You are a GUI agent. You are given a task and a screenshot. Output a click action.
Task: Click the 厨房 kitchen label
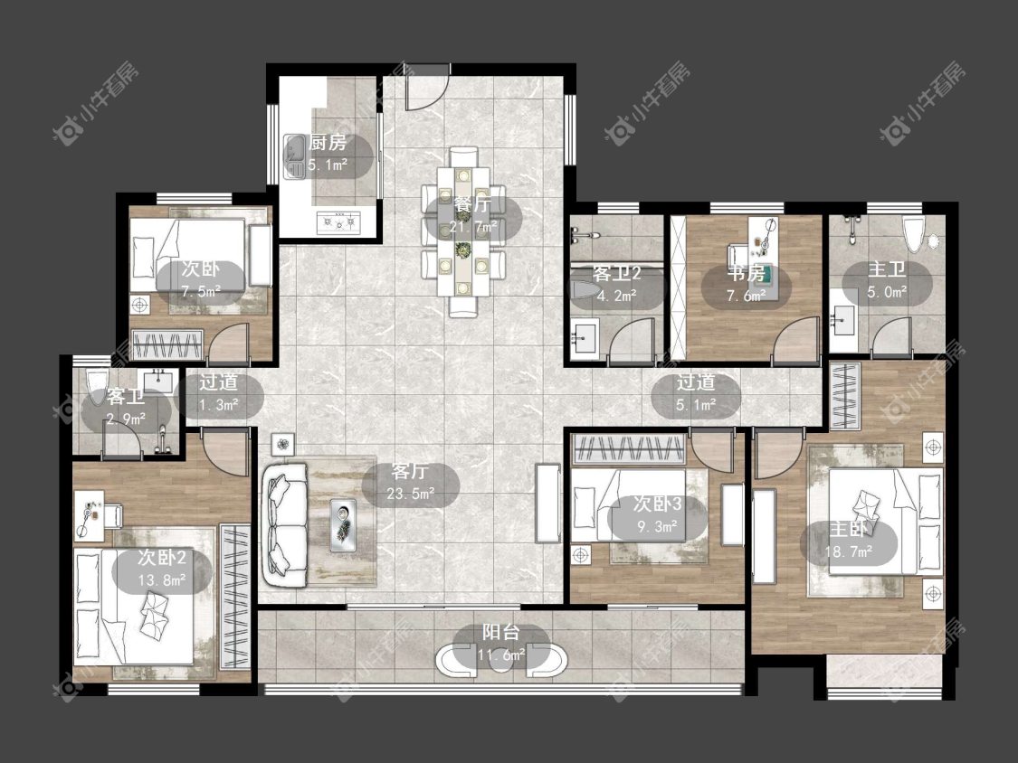pos(328,142)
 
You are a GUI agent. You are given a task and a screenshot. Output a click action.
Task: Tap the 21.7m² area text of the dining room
pos(472,227)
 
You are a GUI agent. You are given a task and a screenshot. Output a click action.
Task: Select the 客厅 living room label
pos(410,471)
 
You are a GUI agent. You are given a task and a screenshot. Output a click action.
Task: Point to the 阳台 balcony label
pos(501,632)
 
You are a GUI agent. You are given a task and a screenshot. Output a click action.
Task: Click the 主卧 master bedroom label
pos(849,530)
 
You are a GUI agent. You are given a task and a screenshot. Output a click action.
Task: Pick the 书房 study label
pos(746,274)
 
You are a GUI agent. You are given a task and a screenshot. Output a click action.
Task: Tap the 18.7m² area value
pos(849,552)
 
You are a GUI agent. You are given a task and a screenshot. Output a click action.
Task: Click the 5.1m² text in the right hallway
pos(696,406)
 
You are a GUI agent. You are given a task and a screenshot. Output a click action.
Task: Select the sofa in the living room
pos(285,525)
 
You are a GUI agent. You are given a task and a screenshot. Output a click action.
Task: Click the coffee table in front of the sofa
pos(343,524)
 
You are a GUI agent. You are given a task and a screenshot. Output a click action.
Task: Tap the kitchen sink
pos(295,156)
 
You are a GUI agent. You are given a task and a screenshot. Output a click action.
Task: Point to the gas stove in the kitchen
pos(338,222)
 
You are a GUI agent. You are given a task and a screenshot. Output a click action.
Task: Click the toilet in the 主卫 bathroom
pos(913,235)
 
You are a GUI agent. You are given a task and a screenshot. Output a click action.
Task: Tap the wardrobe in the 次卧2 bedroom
pos(235,598)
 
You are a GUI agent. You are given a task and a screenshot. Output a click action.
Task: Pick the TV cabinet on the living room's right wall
pos(547,503)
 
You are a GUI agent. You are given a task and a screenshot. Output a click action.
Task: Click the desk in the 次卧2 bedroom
pos(89,515)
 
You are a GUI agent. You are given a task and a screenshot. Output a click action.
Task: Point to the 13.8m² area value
pos(162,580)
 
